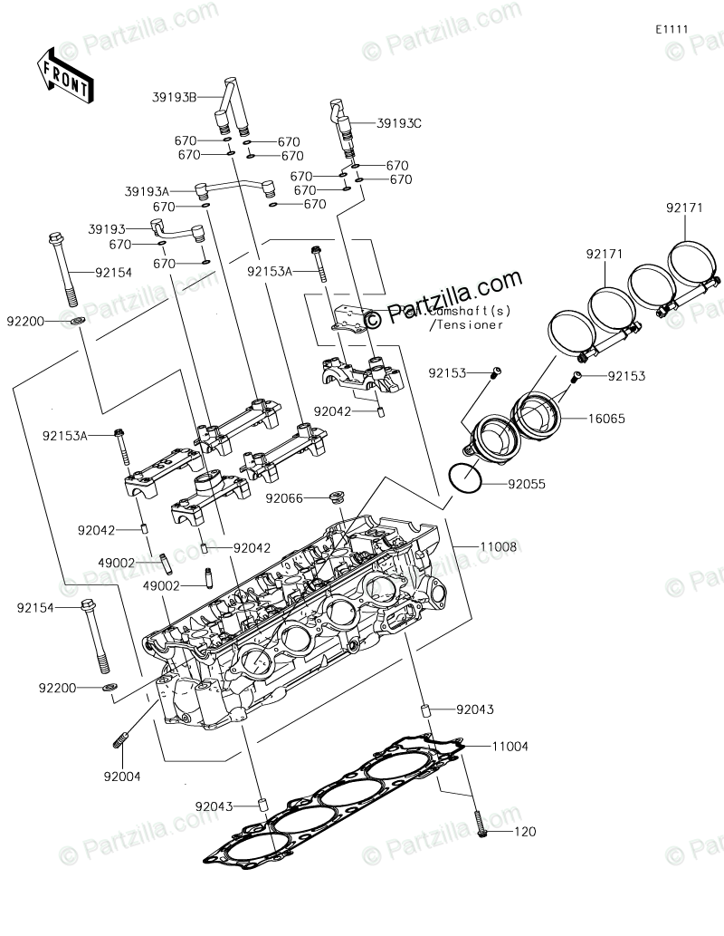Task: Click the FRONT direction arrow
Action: pyautogui.click(x=62, y=73)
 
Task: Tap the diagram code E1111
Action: pyautogui.click(x=672, y=29)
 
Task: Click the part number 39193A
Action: pyautogui.click(x=147, y=191)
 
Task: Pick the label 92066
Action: pyautogui.click(x=284, y=498)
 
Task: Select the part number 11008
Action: pyautogui.click(x=499, y=546)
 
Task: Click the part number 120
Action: pyautogui.click(x=526, y=831)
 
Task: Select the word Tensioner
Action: pyautogui.click(x=467, y=325)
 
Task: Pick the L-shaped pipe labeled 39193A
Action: pyautogui.click(x=234, y=188)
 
